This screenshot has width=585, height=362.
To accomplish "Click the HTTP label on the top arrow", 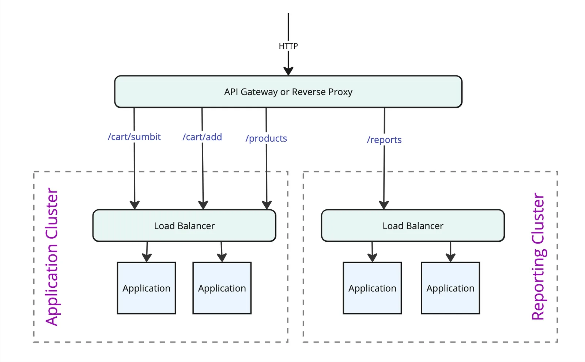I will [x=288, y=46].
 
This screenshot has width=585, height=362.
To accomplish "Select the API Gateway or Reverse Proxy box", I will [x=288, y=92].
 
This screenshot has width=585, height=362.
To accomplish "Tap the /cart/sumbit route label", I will [x=134, y=137].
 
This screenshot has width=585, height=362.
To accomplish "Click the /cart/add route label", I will [x=202, y=137].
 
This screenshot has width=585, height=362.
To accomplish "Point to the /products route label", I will [x=266, y=138].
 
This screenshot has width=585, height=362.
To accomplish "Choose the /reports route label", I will [x=384, y=140].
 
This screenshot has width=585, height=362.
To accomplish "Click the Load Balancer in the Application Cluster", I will [x=184, y=226].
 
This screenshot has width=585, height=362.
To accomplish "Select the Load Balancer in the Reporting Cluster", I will [x=413, y=226].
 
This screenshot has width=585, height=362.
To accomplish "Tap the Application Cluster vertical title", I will [x=52, y=257].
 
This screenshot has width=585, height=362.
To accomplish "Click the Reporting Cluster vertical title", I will [x=538, y=257].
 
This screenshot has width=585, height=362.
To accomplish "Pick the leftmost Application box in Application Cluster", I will [x=146, y=288].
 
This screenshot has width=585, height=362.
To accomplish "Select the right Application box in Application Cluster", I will [x=222, y=288].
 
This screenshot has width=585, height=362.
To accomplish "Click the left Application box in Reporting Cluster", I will [x=372, y=288].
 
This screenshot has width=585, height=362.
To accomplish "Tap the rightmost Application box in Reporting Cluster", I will [x=450, y=288].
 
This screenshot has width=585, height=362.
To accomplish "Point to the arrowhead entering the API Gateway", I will [x=288, y=71].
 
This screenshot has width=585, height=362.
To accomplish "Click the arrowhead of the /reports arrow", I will [x=384, y=205].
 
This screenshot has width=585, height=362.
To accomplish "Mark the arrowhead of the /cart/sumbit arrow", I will [x=135, y=205].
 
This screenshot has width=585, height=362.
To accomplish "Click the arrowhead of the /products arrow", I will [x=267, y=205].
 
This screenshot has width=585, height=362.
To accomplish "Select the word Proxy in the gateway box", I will [x=340, y=92].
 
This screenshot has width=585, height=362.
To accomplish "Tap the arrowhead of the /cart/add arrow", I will [x=203, y=205].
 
